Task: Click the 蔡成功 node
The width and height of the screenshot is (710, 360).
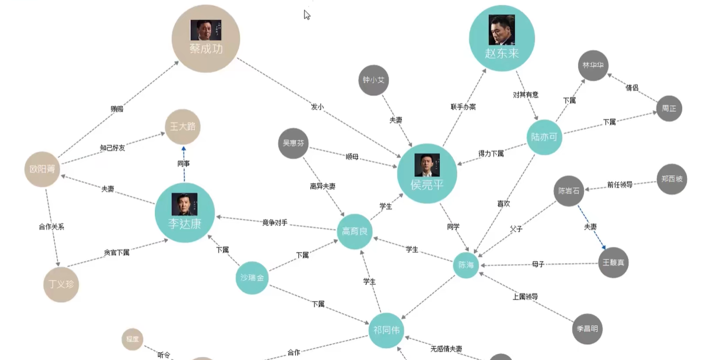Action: coord(206,39)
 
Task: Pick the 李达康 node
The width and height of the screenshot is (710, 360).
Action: coord(184,213)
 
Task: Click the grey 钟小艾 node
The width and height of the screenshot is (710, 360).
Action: coord(374,80)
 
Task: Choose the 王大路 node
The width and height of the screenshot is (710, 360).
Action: coord(182,127)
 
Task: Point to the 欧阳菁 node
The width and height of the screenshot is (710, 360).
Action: coord(42,169)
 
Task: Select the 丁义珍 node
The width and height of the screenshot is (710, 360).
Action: coord(61,285)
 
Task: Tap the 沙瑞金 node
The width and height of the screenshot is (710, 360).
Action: coord(252,278)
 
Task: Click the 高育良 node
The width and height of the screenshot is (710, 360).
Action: coord(354,231)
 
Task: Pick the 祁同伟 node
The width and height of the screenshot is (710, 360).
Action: coord(386,330)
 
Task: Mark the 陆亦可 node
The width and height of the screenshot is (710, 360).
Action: coord(544,137)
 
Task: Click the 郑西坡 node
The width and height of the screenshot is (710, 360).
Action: coord(671,179)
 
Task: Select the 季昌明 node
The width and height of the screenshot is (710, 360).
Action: coord(587,329)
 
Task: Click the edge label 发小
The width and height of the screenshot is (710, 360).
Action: coord(317,107)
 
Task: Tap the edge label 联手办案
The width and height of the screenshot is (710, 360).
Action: coord(463,107)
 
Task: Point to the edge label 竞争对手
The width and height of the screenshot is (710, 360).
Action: coord(275,222)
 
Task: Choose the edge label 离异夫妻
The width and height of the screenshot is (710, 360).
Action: coord(322,186)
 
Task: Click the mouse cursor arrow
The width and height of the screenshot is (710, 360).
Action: coord(307,15)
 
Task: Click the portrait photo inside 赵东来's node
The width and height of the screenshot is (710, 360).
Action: coord(501,30)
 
